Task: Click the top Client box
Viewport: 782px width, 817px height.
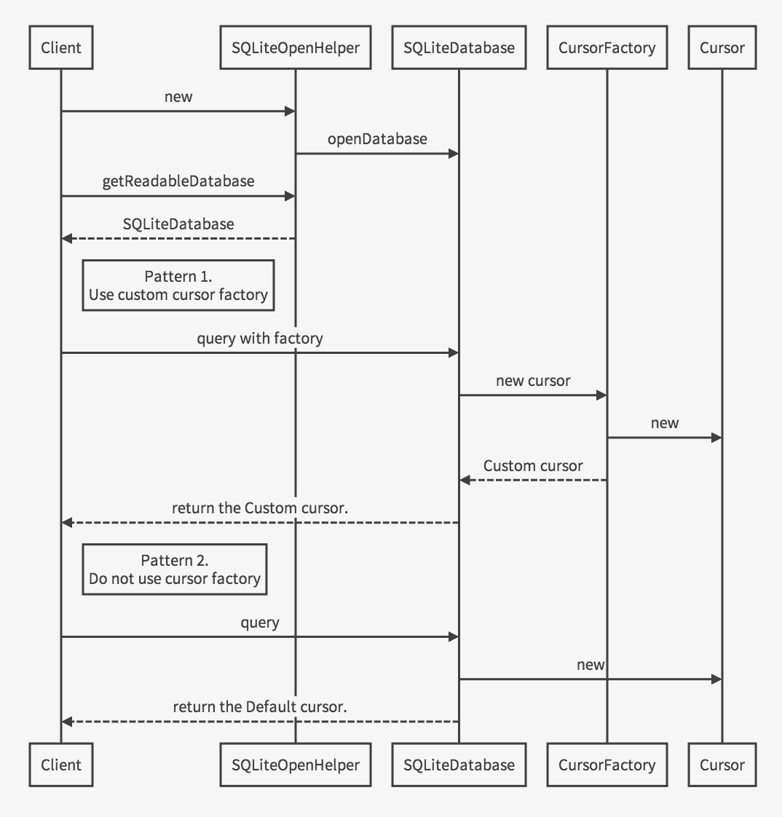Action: pos(61,48)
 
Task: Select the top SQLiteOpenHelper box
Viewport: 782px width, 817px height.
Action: pos(295,48)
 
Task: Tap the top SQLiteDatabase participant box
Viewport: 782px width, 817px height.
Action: pos(459,48)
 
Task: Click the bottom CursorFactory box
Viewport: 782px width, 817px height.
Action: pos(607,765)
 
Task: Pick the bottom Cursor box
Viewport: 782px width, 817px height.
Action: pos(722,765)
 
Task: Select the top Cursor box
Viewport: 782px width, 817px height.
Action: pos(722,48)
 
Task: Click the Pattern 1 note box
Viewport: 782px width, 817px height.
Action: pos(178,285)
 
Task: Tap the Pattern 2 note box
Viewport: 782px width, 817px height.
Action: pos(175,569)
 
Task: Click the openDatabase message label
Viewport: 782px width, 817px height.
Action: pos(377,139)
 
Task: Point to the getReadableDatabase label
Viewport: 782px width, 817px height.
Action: pos(178,181)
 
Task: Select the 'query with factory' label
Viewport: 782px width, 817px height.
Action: pos(260,339)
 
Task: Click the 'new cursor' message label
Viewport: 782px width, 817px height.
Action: pos(533,381)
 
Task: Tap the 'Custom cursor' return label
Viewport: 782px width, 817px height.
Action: pos(533,466)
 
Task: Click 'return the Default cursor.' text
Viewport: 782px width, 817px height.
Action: pos(260,707)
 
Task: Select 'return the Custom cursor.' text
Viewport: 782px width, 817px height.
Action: pos(260,508)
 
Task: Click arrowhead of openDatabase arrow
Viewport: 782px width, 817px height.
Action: pos(454,154)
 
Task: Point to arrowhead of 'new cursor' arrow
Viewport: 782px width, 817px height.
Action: pos(601,395)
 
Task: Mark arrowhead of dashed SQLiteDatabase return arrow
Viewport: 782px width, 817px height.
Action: pos(66,239)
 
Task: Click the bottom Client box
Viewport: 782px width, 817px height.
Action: pos(61,765)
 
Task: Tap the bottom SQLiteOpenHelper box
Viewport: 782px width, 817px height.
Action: pos(295,765)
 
